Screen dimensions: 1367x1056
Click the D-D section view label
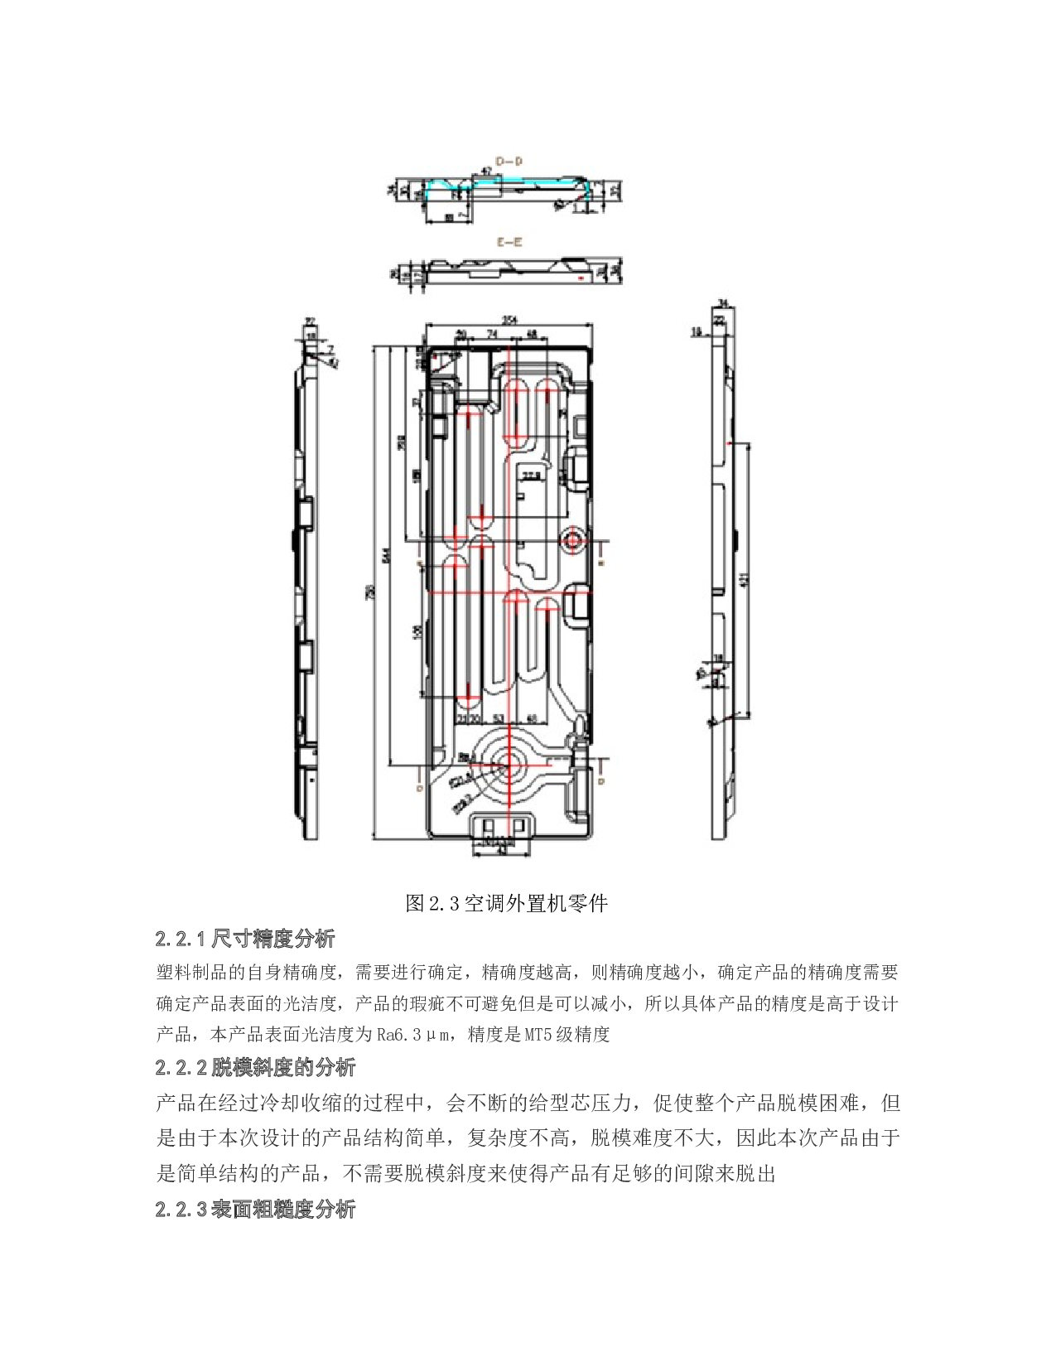(509, 162)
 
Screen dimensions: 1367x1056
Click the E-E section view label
(509, 242)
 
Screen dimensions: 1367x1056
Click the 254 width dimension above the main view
(509, 320)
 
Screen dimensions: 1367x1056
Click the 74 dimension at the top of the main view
(492, 334)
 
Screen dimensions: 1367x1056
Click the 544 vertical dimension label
(386, 556)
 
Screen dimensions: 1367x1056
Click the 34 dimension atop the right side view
(722, 303)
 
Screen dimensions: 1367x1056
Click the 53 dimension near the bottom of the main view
(499, 718)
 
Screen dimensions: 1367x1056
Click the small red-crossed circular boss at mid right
(572, 541)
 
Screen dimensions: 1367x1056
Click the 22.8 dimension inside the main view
(530, 476)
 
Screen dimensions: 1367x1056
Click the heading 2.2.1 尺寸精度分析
(245, 938)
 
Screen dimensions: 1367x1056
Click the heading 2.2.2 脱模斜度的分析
(255, 1066)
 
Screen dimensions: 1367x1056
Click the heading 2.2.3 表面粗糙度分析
(255, 1209)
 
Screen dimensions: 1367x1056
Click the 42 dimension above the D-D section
(487, 171)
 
